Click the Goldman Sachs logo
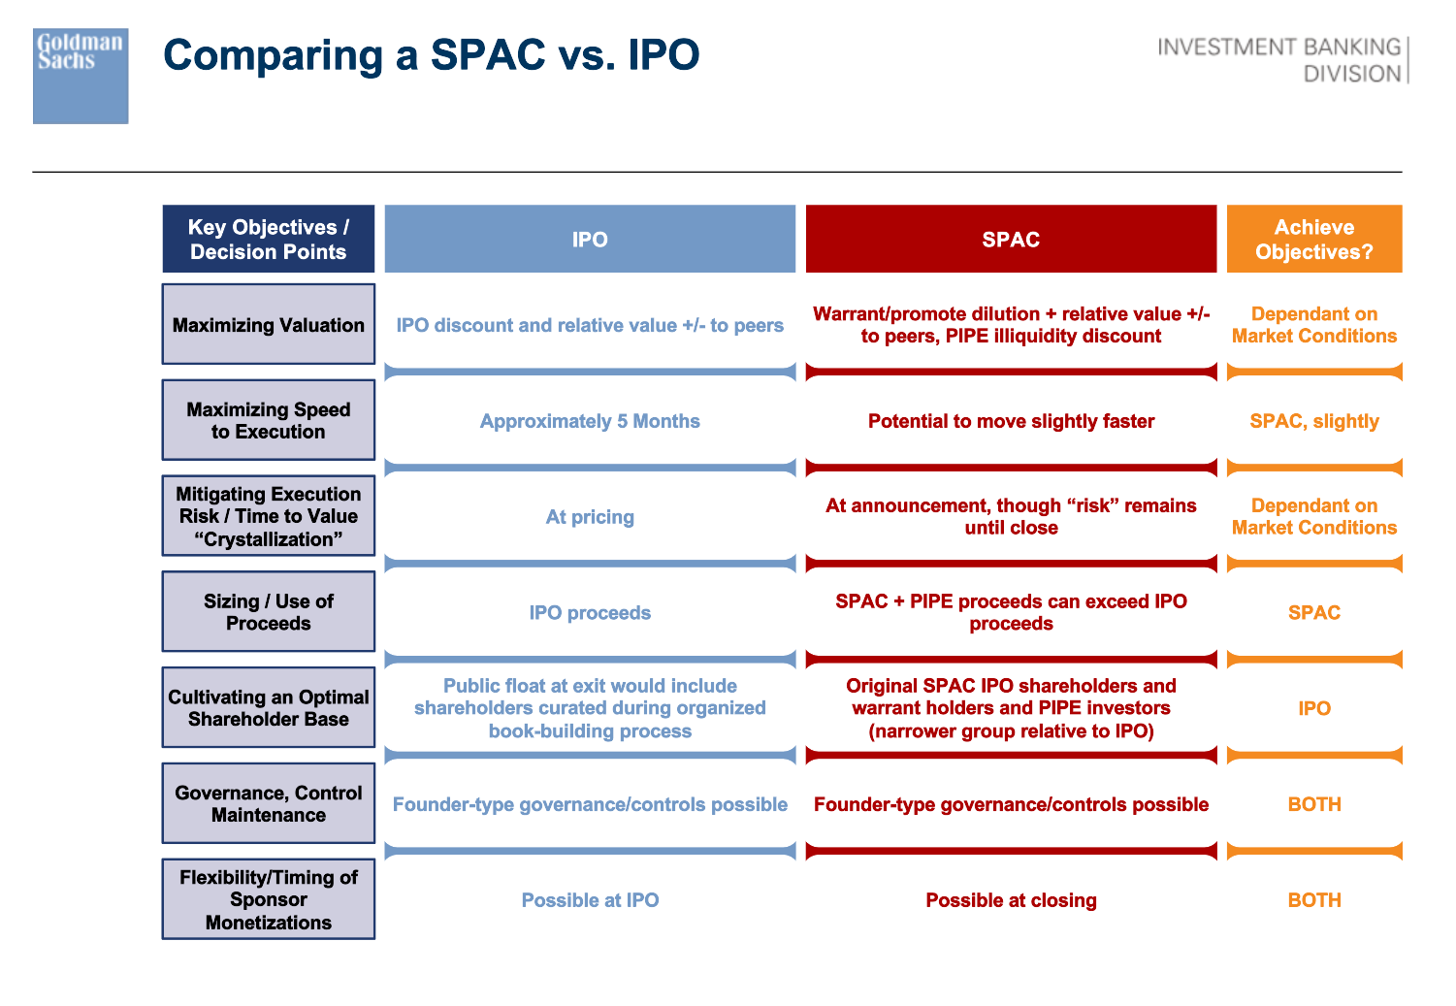[x=81, y=76]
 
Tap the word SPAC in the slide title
[x=488, y=54]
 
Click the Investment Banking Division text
[x=1279, y=60]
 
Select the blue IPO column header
[x=590, y=240]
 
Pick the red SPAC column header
[x=1012, y=240]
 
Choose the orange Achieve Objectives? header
[x=1314, y=240]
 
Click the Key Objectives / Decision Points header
[x=269, y=240]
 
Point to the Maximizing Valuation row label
[x=269, y=324]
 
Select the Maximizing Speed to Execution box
[x=269, y=420]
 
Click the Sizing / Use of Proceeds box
[x=269, y=612]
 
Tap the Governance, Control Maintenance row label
[x=269, y=804]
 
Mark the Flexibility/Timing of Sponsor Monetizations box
[x=269, y=899]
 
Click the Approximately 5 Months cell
[x=590, y=421]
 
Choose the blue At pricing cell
[x=590, y=517]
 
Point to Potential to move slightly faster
[x=1012, y=421]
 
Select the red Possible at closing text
[x=1012, y=900]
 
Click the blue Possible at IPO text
[x=590, y=900]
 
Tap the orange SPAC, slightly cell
[x=1314, y=421]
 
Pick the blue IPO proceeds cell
[x=590, y=613]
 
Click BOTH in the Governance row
[x=1314, y=804]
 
